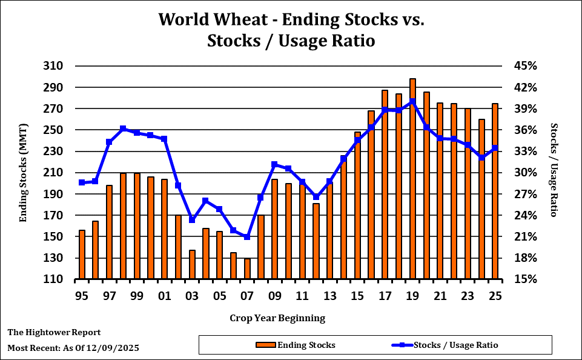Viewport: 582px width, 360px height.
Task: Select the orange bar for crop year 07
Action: point(247,269)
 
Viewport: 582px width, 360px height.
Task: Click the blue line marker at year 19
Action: point(412,101)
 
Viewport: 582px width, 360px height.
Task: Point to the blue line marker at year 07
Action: point(247,237)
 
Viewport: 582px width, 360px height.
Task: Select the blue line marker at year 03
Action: point(192,219)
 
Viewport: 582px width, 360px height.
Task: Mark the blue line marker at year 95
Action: point(82,182)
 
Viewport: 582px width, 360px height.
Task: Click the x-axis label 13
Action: point(330,296)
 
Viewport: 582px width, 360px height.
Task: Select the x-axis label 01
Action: point(164,296)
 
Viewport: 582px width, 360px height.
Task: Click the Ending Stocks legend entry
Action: point(306,345)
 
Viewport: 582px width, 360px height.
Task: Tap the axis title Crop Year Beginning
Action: point(277,318)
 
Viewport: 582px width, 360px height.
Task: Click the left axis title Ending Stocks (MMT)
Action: point(24,173)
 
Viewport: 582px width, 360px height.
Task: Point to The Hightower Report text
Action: point(54,333)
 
